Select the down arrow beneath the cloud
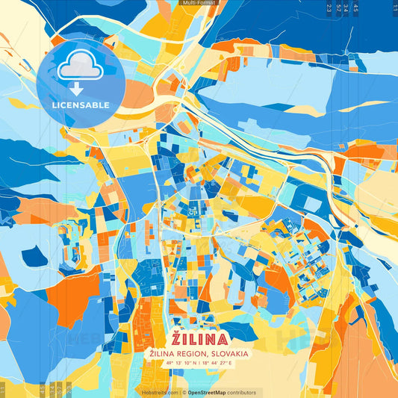click(x=75, y=88)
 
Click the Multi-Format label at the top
click(x=198, y=4)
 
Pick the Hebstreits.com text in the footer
click(x=159, y=392)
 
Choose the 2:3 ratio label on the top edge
click(x=329, y=8)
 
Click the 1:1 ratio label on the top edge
click(x=394, y=8)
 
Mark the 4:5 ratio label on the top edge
click(x=355, y=8)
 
